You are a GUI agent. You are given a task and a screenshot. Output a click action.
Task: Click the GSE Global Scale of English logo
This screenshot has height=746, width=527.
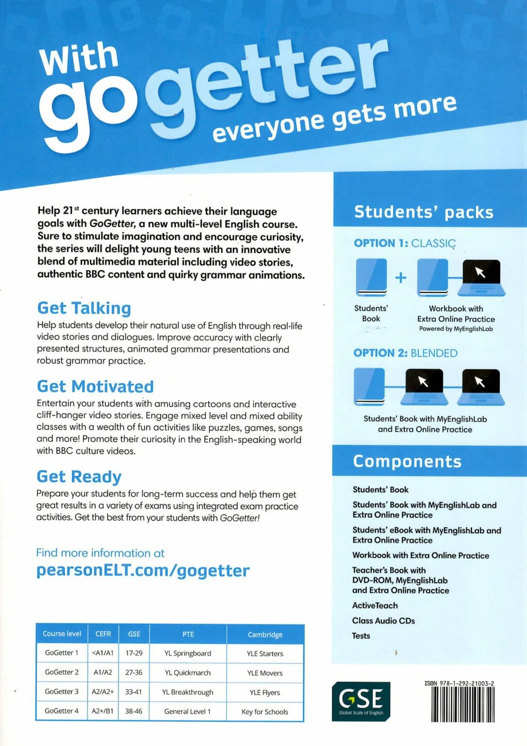361,701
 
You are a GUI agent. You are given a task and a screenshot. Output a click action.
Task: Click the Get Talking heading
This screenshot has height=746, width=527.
84,308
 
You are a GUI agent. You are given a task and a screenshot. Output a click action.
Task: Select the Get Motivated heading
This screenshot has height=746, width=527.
95,386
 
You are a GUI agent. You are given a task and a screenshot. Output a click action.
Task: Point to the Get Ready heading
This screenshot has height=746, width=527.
79,476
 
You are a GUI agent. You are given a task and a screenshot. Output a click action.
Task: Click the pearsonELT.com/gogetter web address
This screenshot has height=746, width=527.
143,570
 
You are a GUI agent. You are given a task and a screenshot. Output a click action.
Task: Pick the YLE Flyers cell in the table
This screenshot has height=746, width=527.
264,692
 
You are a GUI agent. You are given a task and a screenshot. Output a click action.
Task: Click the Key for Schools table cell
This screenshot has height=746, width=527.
264,712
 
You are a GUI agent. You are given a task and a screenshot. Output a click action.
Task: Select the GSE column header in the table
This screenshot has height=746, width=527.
134,634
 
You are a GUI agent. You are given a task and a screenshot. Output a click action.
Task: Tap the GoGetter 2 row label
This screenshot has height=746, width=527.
62,672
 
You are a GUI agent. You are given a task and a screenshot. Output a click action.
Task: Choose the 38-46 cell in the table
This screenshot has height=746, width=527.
134,711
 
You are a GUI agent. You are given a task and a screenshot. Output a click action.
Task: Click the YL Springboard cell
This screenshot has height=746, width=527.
188,653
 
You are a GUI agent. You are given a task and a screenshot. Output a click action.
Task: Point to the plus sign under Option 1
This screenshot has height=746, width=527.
401,277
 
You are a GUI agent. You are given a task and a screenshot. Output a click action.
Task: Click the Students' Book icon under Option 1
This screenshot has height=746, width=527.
371,277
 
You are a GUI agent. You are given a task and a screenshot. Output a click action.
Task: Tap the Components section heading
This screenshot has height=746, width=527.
407,461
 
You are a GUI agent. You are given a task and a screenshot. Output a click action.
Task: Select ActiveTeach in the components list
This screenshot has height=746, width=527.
375,605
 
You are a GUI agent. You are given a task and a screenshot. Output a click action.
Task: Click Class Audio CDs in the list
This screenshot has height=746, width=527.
383,620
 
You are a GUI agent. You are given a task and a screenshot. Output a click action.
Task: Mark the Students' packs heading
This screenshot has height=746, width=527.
424,212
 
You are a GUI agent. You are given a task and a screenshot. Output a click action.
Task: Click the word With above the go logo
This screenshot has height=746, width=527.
79,57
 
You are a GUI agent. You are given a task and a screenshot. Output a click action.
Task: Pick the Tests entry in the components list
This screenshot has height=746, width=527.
361,635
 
